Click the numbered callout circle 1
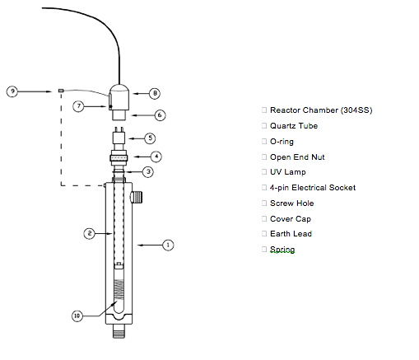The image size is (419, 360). pyautogui.click(x=169, y=245)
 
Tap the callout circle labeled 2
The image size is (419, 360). pyautogui.click(x=89, y=234)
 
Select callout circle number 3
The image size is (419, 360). pyautogui.click(x=147, y=171)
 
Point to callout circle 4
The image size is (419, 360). pyautogui.click(x=155, y=155)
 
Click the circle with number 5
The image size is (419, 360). pyautogui.click(x=150, y=138)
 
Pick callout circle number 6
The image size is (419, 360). pyautogui.click(x=160, y=115)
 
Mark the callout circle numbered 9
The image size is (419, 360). pyautogui.click(x=12, y=91)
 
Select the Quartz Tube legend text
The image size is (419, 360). pyautogui.click(x=294, y=126)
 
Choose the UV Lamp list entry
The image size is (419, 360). pyautogui.click(x=288, y=172)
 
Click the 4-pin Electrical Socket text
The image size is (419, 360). pyautogui.click(x=313, y=188)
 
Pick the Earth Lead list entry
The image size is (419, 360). pyautogui.click(x=291, y=234)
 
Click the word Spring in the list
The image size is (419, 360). pyautogui.click(x=282, y=250)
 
